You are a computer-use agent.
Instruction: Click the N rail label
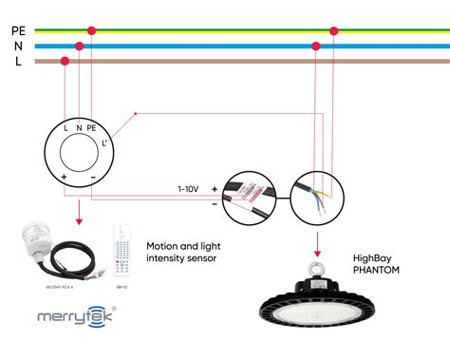[x=18, y=46]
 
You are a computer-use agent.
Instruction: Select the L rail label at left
[x=18, y=61]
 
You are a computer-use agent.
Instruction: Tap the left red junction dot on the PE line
[x=91, y=30]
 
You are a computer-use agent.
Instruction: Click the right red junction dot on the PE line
[x=333, y=30]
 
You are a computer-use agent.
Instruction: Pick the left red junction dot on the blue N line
[x=79, y=46]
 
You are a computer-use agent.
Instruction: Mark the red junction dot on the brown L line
[x=65, y=62]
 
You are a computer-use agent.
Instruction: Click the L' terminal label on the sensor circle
[x=106, y=142]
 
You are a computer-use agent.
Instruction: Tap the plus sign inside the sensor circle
[x=65, y=178]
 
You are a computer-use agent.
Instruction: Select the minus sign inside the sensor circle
[x=92, y=178]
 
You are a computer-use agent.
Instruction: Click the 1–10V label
[x=187, y=189]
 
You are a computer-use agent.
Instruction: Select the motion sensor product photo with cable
[x=56, y=249]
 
